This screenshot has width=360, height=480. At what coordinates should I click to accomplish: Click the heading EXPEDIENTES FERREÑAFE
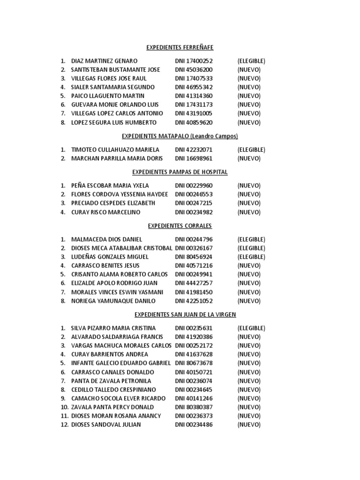(180, 47)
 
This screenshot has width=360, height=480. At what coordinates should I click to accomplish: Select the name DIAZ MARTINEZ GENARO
(104, 61)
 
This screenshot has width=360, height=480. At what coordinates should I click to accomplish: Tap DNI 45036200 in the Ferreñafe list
(194, 69)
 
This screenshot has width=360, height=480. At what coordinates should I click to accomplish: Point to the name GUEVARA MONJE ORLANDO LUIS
(115, 105)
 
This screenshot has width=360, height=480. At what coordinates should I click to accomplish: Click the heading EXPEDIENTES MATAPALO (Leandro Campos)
(180, 136)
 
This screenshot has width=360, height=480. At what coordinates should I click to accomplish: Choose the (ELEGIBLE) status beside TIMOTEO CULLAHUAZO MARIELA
(251, 150)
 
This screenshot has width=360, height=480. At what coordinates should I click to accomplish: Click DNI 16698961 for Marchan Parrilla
(194, 158)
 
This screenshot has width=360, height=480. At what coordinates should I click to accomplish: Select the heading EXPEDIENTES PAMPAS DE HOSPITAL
(180, 172)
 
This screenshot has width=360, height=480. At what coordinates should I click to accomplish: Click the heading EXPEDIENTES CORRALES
(180, 226)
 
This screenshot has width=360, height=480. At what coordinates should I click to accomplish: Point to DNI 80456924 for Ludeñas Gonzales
(194, 257)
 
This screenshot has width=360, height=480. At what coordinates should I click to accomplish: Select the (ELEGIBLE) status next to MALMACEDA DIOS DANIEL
(251, 240)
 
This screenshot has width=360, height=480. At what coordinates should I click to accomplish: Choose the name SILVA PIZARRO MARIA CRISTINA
(113, 328)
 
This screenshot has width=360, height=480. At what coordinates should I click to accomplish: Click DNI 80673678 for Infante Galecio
(194, 363)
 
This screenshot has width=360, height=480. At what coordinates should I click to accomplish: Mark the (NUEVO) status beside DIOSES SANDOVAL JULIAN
(249, 425)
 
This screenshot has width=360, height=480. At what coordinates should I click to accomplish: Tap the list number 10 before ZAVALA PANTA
(64, 407)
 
